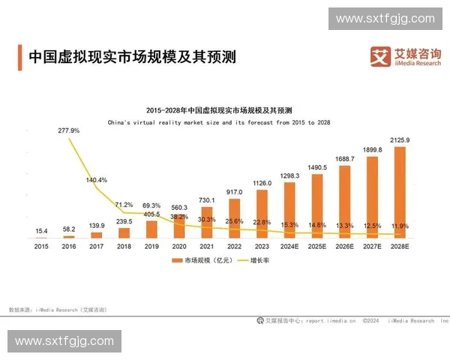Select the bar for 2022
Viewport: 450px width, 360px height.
tap(234, 217)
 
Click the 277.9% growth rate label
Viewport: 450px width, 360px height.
tap(68, 130)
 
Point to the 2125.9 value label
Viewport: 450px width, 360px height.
tap(400, 140)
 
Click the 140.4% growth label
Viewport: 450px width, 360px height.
tap(96, 180)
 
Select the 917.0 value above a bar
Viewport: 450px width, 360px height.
tap(234, 192)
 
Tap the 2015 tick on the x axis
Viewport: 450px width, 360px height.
tap(41, 245)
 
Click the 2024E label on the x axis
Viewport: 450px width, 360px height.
tap(289, 245)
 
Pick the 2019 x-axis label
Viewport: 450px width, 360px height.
tap(151, 245)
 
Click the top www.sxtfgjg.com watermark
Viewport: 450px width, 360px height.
tap(385, 18)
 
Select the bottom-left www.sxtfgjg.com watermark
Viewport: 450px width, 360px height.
tap(64, 341)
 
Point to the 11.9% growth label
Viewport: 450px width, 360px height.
tap(400, 225)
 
